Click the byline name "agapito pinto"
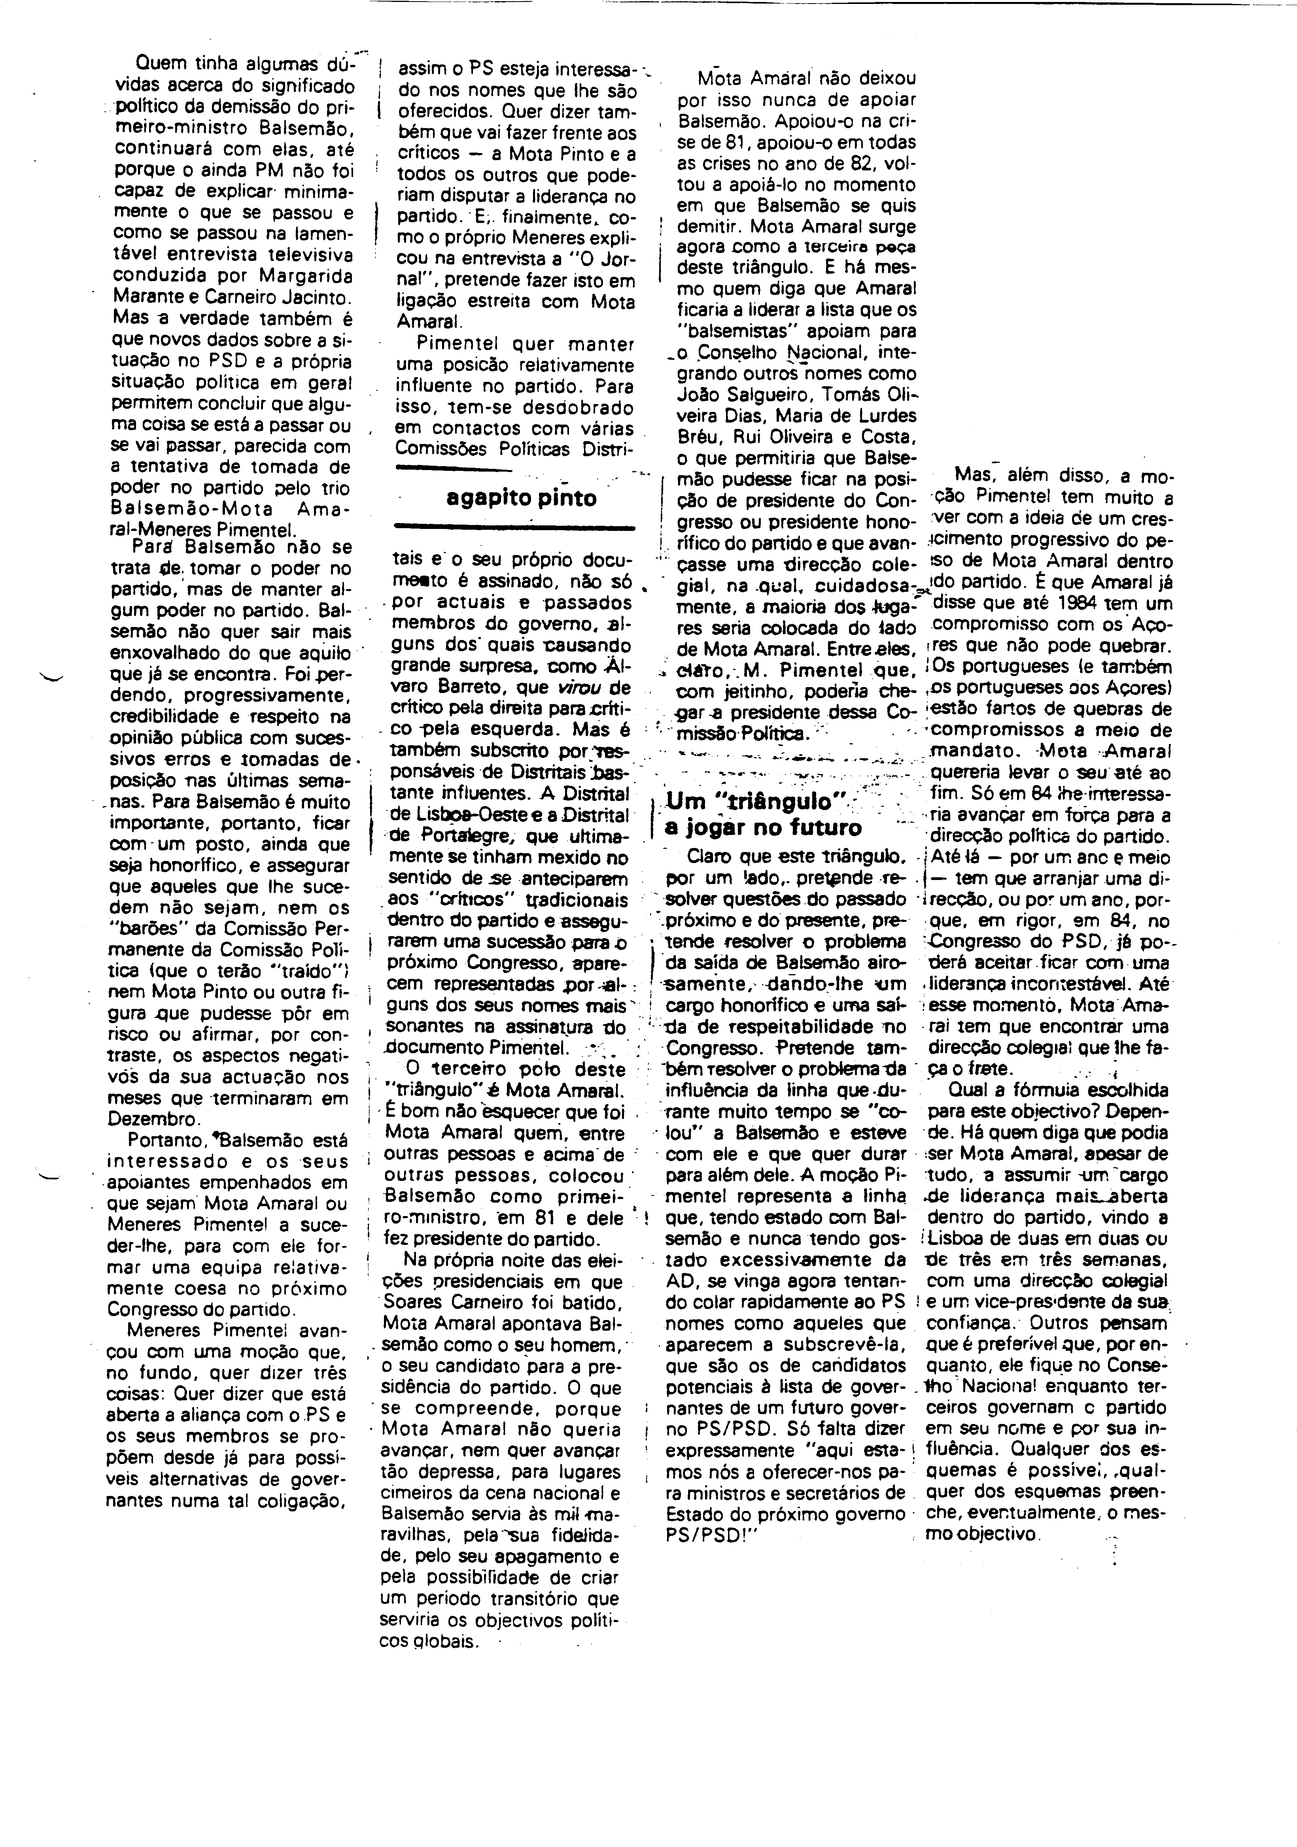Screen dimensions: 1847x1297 pos(522,498)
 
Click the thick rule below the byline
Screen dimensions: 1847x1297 pos(513,527)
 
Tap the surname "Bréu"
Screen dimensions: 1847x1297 pos(698,438)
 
